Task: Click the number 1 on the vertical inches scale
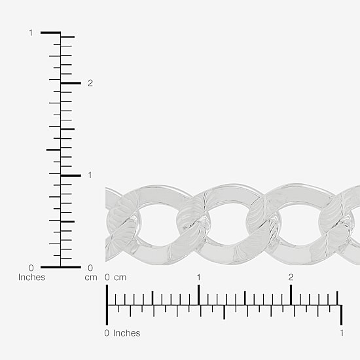[x=31, y=33]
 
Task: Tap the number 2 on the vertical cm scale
[x=90, y=83]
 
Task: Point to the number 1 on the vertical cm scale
[x=90, y=175]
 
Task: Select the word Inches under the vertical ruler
[x=31, y=278]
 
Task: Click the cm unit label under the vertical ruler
[x=91, y=278]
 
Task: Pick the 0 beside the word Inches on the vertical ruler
[x=31, y=268]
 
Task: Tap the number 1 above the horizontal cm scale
[x=198, y=278]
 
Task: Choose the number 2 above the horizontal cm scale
[x=291, y=278]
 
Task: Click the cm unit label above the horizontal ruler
[x=120, y=278]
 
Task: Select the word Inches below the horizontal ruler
[x=127, y=333]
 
